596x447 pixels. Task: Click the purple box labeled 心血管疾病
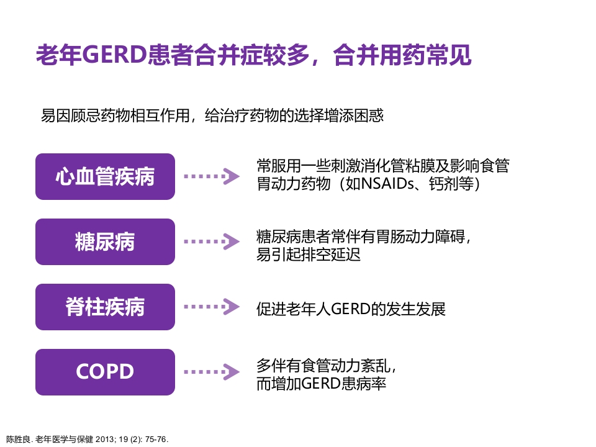pyautogui.click(x=105, y=177)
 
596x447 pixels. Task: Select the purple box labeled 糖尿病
pyautogui.click(x=105, y=242)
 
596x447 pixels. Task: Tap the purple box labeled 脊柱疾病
pyautogui.click(x=105, y=307)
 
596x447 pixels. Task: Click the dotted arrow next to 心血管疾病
pyautogui.click(x=211, y=177)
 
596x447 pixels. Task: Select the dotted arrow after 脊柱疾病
pyautogui.click(x=211, y=307)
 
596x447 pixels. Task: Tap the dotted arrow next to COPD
pyautogui.click(x=211, y=372)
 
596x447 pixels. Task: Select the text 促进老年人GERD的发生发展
pyautogui.click(x=351, y=309)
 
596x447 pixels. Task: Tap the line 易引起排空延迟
pyautogui.click(x=308, y=255)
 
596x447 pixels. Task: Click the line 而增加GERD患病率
pyautogui.click(x=321, y=383)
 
